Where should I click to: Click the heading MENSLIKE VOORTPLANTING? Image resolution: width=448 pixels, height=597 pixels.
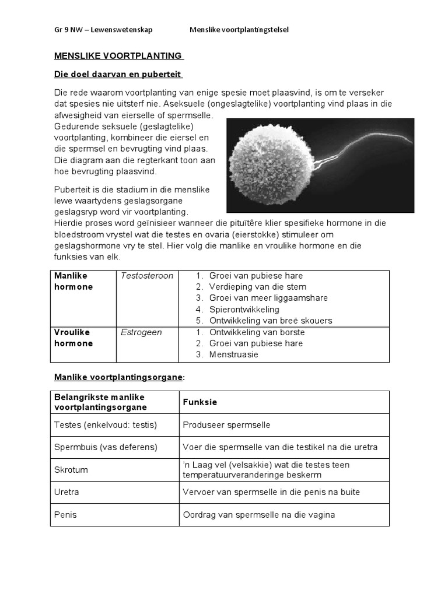[x=118, y=56]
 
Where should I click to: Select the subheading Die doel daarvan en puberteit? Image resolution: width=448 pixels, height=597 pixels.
[x=118, y=75]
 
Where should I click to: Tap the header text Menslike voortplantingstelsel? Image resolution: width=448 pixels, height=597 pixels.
[x=239, y=30]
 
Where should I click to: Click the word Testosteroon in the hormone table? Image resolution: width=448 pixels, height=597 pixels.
[x=147, y=276]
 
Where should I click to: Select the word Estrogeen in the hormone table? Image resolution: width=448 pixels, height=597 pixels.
[x=141, y=332]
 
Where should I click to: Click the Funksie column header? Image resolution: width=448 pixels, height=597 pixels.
[x=200, y=402]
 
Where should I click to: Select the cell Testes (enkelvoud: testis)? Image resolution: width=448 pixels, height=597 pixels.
[x=106, y=425]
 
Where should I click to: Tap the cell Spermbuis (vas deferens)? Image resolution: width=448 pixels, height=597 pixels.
[x=106, y=447]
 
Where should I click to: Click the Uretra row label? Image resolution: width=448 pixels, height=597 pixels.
[x=66, y=492]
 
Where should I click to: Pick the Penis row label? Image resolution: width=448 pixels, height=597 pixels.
[x=65, y=515]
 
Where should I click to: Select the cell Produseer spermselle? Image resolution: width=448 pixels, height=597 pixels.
[x=226, y=425]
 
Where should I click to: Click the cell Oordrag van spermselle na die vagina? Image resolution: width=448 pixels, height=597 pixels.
[x=259, y=515]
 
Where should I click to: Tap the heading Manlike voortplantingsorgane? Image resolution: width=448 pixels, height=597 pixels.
[x=118, y=377]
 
